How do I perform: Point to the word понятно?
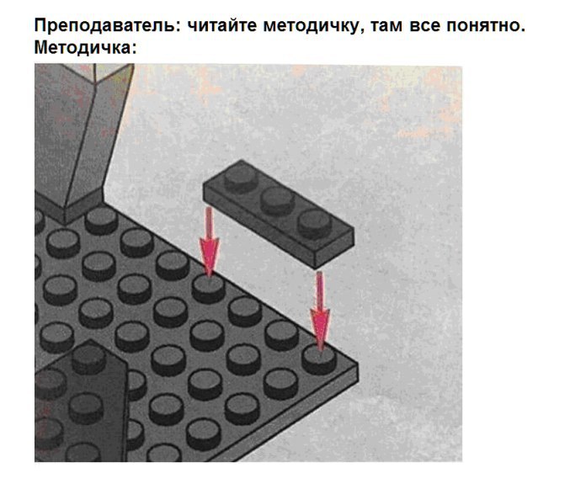tap(486, 26)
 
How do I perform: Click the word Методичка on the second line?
tap(83, 47)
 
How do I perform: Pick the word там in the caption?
tap(386, 27)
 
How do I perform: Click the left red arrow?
tap(209, 242)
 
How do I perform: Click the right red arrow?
tap(320, 311)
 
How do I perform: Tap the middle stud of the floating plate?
tap(278, 201)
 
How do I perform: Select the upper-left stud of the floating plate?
tap(241, 178)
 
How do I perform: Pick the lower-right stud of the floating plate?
tap(315, 224)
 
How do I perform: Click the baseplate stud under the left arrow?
tap(209, 289)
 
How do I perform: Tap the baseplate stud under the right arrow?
tap(319, 359)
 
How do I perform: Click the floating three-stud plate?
tap(279, 213)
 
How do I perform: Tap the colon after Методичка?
tap(134, 48)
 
